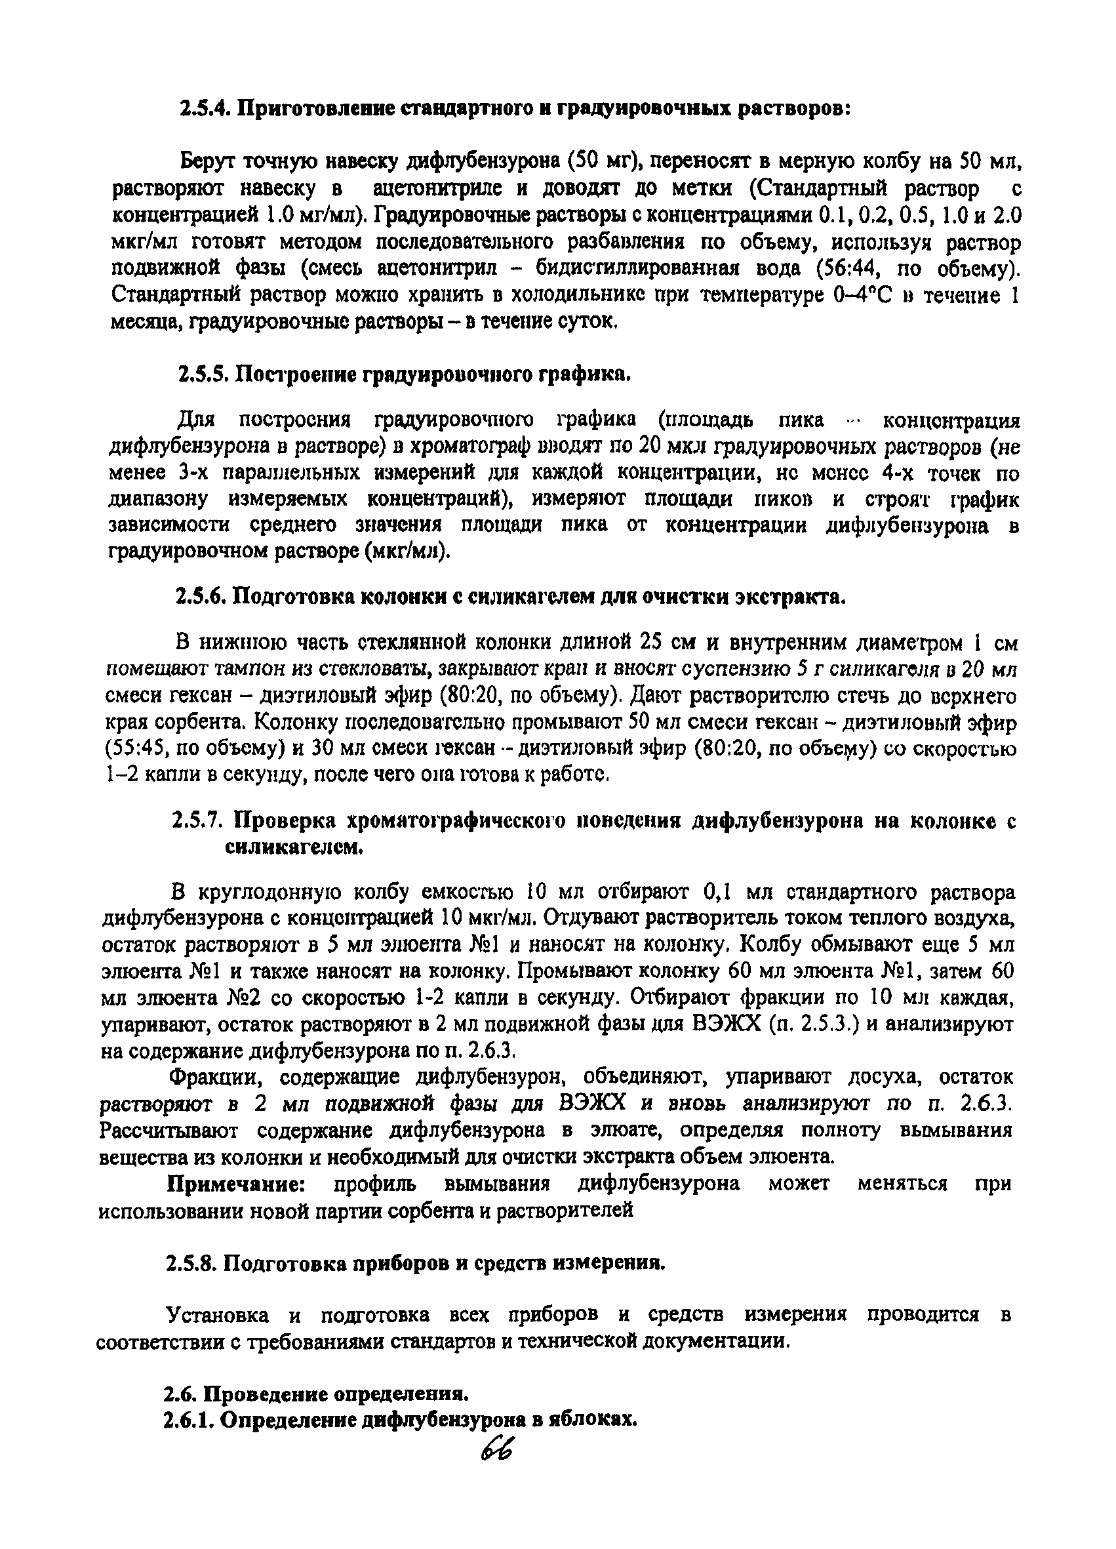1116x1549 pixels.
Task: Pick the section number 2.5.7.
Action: (x=198, y=820)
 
